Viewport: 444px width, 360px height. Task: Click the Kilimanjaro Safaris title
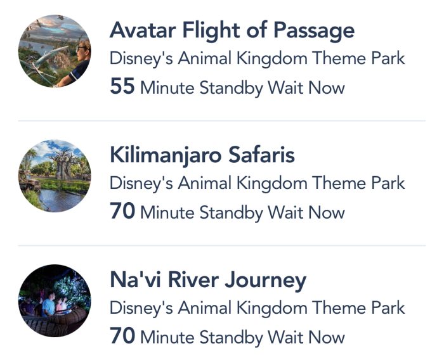[202, 156]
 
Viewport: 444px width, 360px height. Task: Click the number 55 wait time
[122, 86]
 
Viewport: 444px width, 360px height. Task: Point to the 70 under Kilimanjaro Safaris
[122, 211]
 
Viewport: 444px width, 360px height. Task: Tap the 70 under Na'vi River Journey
[122, 336]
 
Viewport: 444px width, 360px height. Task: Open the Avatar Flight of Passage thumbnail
[55, 51]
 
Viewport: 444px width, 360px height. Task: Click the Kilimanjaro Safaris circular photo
[55, 176]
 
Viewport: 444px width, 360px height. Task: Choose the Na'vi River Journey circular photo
[55, 300]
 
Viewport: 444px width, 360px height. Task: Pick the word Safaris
[261, 155]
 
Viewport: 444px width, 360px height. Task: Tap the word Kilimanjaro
[166, 156]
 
